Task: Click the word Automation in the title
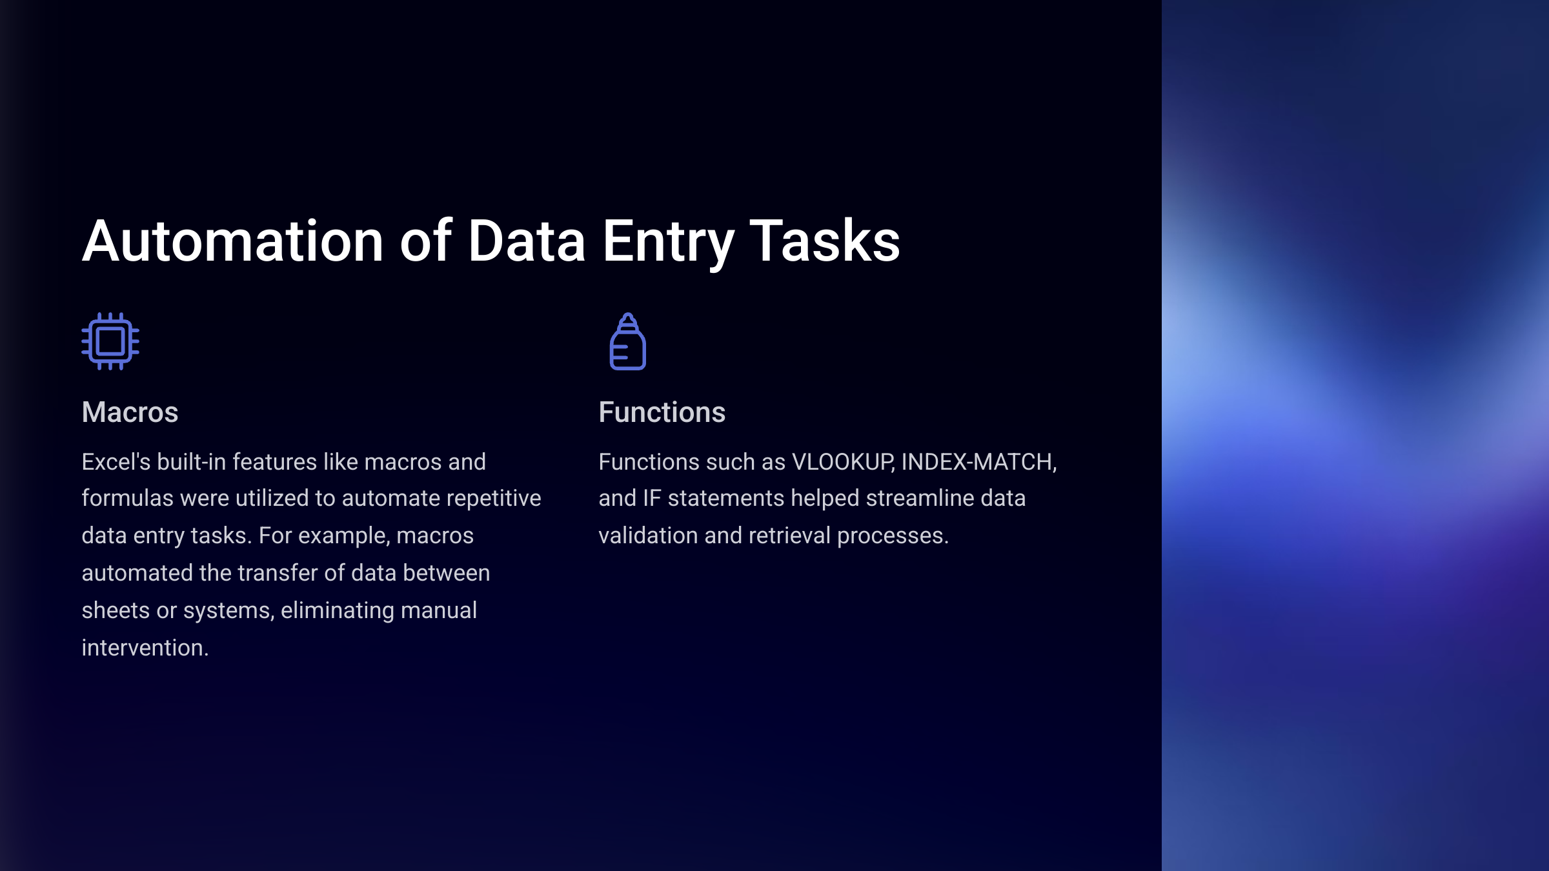[233, 241]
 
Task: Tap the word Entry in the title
[668, 244]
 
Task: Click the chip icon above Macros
[110, 341]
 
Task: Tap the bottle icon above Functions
[628, 341]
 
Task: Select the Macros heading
[130, 412]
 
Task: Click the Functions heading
[662, 412]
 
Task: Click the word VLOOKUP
[842, 462]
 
